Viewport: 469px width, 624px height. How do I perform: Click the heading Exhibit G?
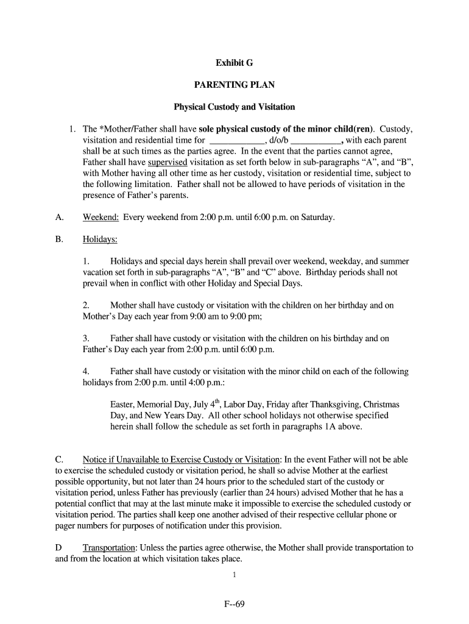[234, 63]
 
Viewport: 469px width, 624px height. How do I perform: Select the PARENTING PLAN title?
[234, 85]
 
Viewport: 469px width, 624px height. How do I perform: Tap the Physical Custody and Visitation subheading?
[234, 107]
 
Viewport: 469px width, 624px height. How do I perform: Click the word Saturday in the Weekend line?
[318, 218]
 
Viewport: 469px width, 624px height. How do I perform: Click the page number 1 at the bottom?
[234, 575]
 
